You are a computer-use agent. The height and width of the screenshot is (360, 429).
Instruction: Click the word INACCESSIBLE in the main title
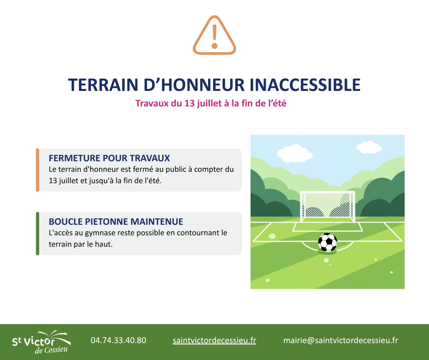coord(305,85)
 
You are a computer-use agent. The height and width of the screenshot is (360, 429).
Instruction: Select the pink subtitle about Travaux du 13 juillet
coord(211,103)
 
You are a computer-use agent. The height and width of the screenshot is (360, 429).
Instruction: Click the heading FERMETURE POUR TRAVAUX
coord(109,158)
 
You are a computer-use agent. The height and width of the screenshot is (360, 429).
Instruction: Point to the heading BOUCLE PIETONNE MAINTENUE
coord(116,222)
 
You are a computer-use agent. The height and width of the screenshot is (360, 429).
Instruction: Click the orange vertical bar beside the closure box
coord(38,170)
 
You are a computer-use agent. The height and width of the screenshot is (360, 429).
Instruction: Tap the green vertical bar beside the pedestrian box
coord(38,233)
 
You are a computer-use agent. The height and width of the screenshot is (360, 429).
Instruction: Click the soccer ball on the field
coord(328,242)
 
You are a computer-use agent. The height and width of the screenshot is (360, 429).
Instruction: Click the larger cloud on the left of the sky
coord(295,154)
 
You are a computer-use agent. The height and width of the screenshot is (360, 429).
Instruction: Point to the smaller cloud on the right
coord(369,148)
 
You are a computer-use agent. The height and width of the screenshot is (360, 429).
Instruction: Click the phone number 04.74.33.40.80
coord(119,340)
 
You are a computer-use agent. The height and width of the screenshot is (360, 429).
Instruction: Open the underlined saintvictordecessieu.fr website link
coord(214,340)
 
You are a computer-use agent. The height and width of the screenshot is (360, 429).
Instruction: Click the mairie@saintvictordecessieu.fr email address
coord(340,340)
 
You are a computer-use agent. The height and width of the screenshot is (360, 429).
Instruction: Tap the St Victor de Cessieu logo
coord(41,342)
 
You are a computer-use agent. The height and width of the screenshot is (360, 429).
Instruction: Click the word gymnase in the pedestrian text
coord(100,233)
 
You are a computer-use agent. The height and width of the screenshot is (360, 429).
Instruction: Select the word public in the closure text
coord(175,169)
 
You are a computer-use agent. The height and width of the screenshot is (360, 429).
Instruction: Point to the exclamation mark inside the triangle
coord(214,37)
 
